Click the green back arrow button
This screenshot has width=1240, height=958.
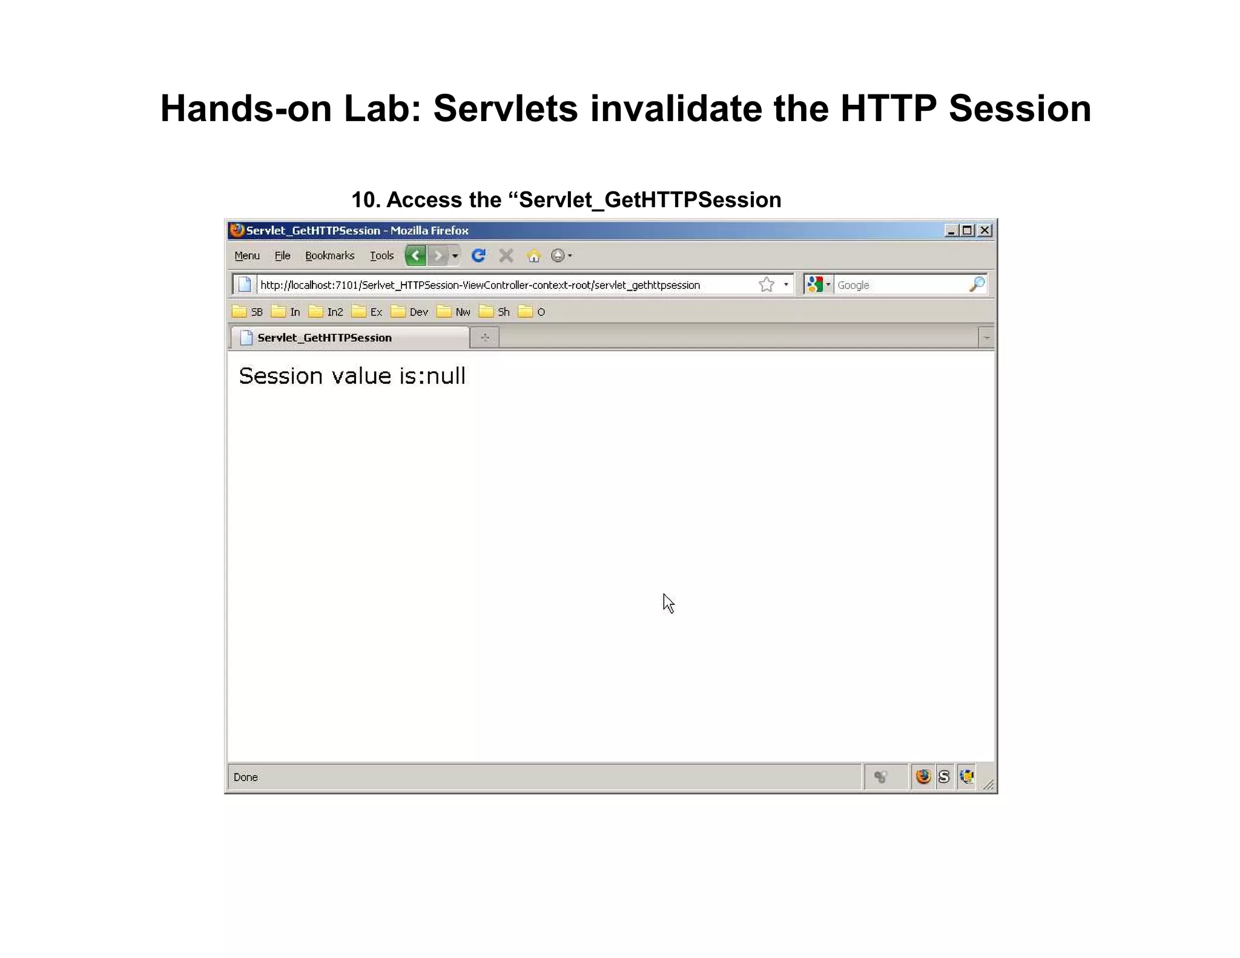point(415,256)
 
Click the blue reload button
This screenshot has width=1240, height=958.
point(478,256)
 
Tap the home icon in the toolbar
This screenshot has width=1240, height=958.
point(533,256)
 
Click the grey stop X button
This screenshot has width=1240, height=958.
point(506,256)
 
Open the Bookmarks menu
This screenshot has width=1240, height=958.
point(329,256)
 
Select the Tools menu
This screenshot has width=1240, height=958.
point(381,256)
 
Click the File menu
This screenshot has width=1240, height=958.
point(282,256)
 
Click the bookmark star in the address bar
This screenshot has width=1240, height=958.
point(767,285)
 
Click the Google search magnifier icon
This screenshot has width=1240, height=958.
point(977,284)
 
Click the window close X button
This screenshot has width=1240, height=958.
point(985,231)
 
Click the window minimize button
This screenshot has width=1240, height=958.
point(951,231)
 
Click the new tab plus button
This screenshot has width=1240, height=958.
point(485,337)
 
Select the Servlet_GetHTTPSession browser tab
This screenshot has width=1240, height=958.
point(325,338)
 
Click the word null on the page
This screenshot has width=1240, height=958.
point(446,376)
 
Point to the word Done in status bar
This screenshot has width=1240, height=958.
point(245,777)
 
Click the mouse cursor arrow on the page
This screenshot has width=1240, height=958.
point(668,603)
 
